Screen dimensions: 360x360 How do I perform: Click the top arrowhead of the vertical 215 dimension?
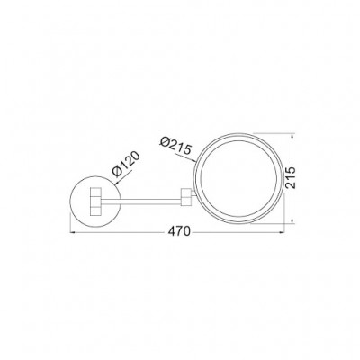click(293, 138)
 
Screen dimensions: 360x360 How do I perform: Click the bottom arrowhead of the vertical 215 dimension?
click(293, 221)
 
